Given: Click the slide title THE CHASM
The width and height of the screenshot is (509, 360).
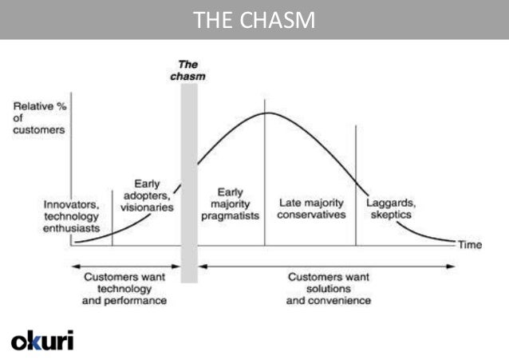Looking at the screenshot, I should pyautogui.click(x=254, y=20).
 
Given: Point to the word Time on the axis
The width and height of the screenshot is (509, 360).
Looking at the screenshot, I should pyautogui.click(x=470, y=245).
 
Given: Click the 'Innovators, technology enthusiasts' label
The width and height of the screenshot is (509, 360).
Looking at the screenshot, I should pyautogui.click(x=72, y=216).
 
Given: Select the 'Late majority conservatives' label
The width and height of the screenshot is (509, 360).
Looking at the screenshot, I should pyautogui.click(x=312, y=208).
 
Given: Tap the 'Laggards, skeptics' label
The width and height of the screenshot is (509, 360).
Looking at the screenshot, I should pyautogui.click(x=390, y=208).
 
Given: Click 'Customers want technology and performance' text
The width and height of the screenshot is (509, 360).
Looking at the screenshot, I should pyautogui.click(x=124, y=289).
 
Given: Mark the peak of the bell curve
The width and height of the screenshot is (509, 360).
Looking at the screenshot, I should pyautogui.click(x=266, y=113).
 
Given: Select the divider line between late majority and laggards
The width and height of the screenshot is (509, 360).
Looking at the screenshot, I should pyautogui.click(x=356, y=184).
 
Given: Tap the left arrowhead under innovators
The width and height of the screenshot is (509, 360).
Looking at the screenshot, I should pyautogui.click(x=74, y=266).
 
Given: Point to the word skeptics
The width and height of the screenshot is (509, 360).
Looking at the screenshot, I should pyautogui.click(x=390, y=215).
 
